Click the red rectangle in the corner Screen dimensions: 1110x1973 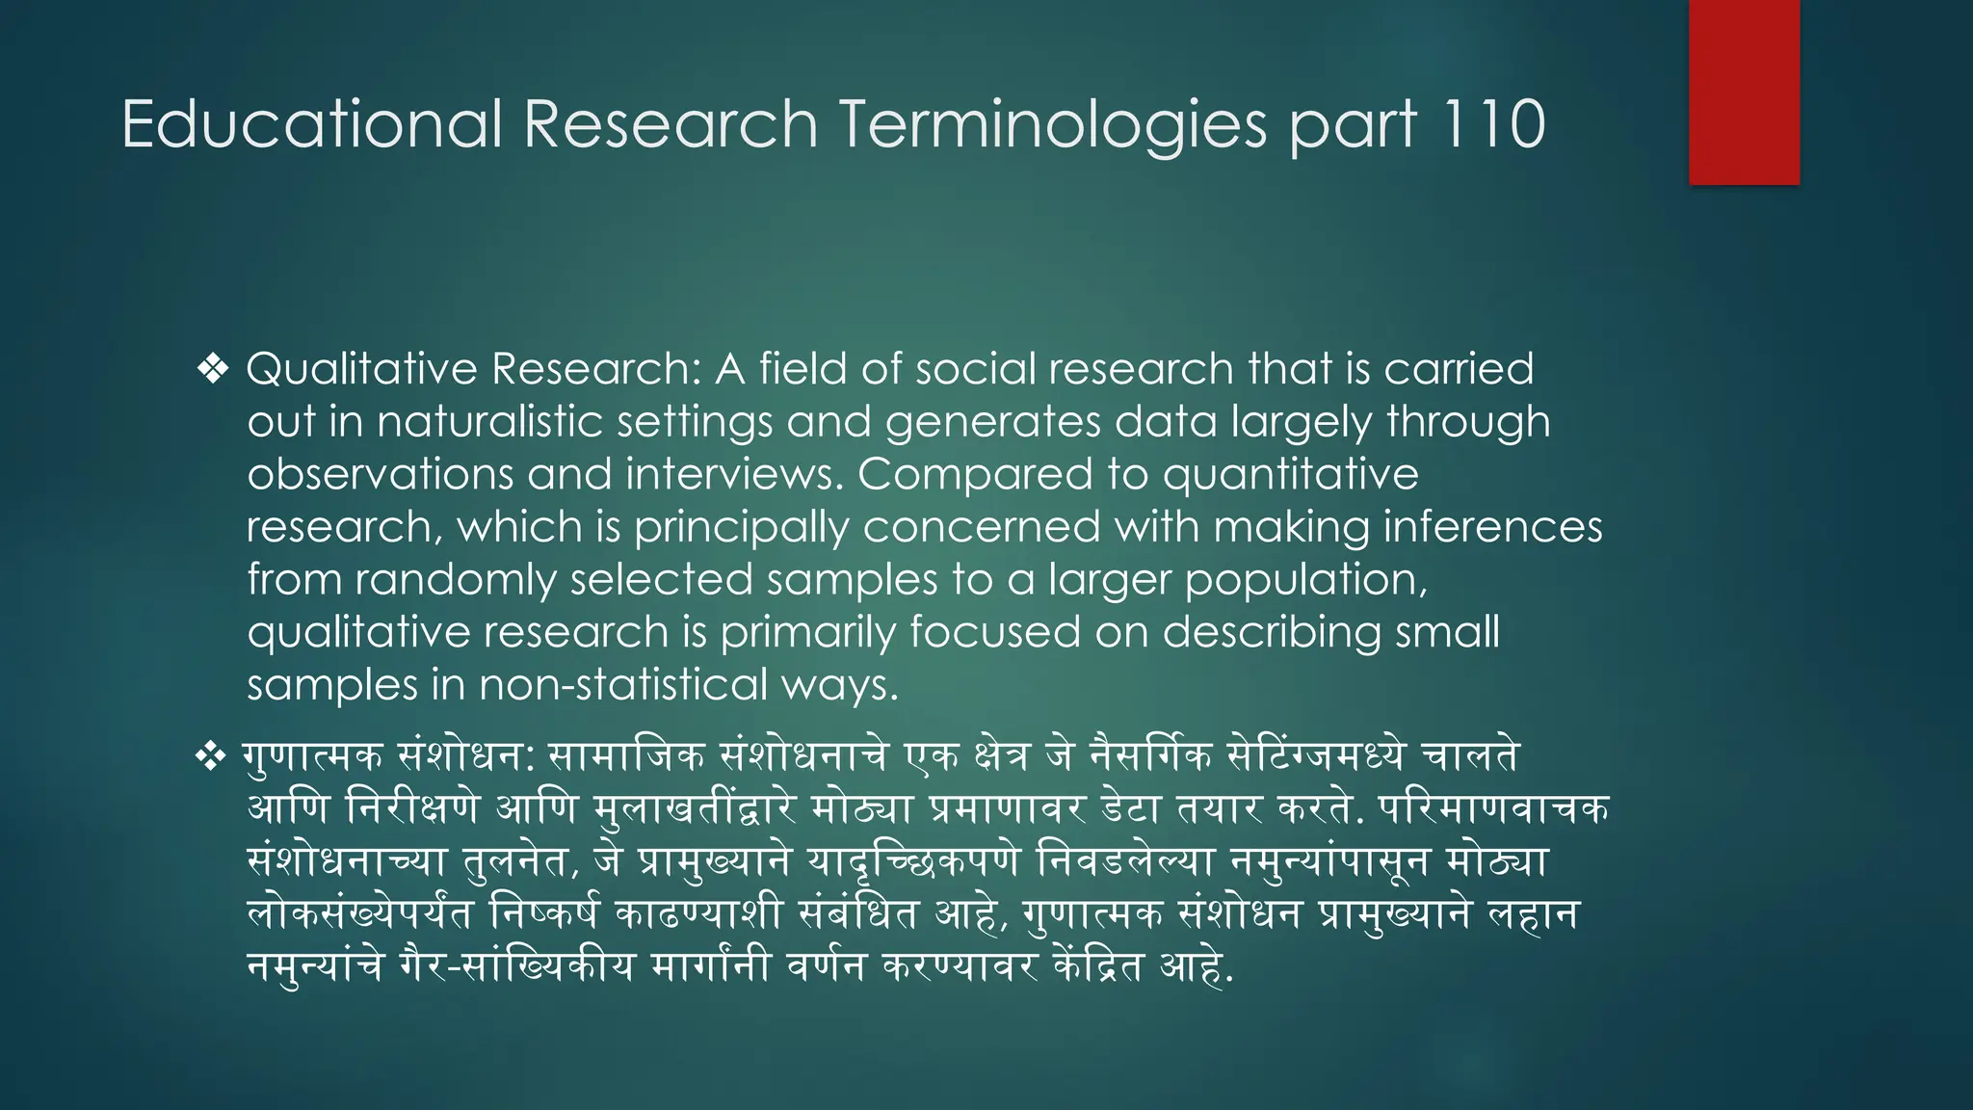pos(1744,92)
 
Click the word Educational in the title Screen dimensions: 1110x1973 pos(311,124)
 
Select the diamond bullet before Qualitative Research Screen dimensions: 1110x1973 pos(213,369)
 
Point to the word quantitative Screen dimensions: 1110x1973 pos(1290,474)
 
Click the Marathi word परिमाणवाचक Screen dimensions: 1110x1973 pos(1493,808)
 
